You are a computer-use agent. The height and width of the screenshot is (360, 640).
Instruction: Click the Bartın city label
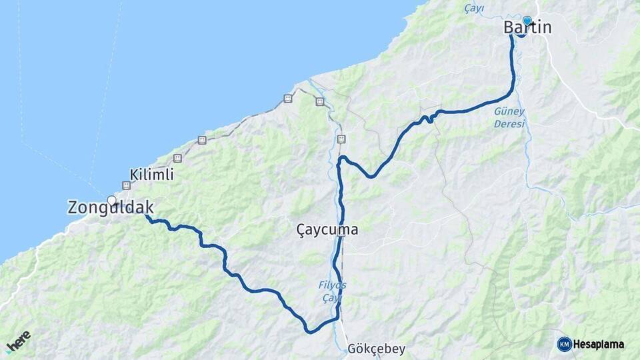coord(527,28)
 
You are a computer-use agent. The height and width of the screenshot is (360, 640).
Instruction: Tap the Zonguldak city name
coord(111,207)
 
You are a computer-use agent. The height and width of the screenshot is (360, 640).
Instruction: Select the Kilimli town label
coord(153,175)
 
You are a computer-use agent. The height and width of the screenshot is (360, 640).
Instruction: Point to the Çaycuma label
coord(327,230)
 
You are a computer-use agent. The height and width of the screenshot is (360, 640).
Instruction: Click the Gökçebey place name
coord(376,349)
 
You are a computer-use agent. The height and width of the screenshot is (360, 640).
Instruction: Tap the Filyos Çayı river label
coord(332,291)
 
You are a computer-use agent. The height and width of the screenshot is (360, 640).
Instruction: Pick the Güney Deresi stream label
coord(510,117)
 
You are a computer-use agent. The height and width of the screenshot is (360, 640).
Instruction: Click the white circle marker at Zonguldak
coord(111,200)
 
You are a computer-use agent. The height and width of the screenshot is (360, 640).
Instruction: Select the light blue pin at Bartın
coord(527,21)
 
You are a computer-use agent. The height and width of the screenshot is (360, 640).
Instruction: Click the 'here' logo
coord(18,341)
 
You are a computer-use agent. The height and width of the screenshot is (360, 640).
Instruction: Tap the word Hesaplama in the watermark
coord(599,345)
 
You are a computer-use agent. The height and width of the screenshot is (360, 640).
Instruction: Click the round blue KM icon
coord(564,344)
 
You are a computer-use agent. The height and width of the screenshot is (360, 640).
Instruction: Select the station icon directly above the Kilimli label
coord(177,158)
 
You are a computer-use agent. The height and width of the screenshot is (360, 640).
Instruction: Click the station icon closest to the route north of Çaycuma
coord(341,139)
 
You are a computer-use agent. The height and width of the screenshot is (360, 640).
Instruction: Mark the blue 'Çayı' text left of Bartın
coord(475,8)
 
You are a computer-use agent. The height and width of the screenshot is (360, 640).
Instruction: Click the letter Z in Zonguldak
coord(73,207)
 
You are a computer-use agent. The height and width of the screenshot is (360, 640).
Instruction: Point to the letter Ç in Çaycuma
coord(301,230)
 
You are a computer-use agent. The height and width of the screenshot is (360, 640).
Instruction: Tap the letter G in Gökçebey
coord(352,349)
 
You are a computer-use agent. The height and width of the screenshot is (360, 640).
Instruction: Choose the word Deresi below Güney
coord(510,124)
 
